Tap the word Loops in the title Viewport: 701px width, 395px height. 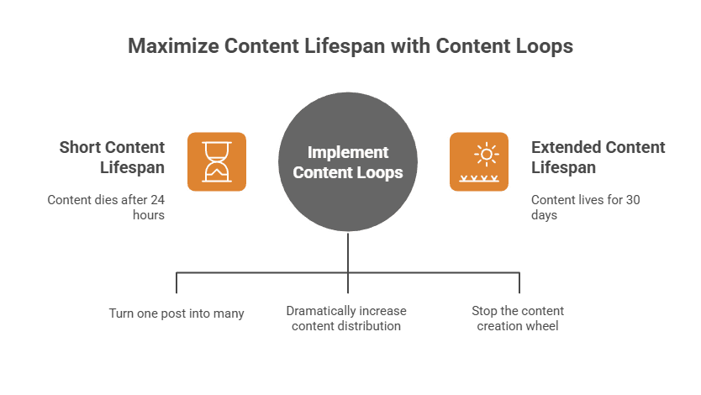pyautogui.click(x=543, y=45)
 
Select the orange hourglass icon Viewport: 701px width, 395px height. pyautogui.click(x=217, y=161)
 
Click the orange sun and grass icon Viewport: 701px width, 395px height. pyautogui.click(x=478, y=161)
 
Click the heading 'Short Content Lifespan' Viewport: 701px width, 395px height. pyautogui.click(x=112, y=157)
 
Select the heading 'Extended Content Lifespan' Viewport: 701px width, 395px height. pyautogui.click(x=598, y=157)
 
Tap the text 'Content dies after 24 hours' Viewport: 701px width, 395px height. pyautogui.click(x=106, y=207)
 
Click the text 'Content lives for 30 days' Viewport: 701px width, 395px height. pyautogui.click(x=586, y=207)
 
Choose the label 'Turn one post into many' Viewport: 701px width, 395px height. pyautogui.click(x=177, y=313)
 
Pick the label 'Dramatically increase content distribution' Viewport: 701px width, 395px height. pyautogui.click(x=346, y=318)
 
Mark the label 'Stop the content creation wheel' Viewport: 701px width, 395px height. pyautogui.click(x=518, y=318)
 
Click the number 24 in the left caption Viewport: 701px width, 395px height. pyautogui.click(x=156, y=200)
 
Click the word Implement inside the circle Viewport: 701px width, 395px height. pyautogui.click(x=348, y=152)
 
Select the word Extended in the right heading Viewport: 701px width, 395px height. pyautogui.click(x=566, y=147)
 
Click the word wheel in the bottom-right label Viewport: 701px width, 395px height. pyautogui.click(x=542, y=325)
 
